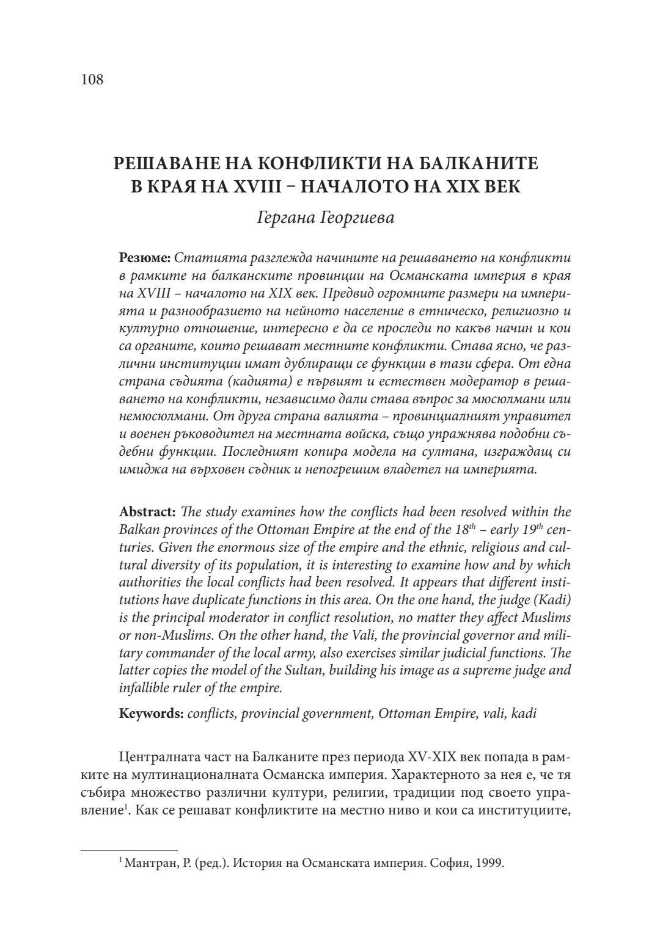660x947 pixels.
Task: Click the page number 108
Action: pos(92,79)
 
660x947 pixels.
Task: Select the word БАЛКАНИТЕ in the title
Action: pos(477,163)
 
